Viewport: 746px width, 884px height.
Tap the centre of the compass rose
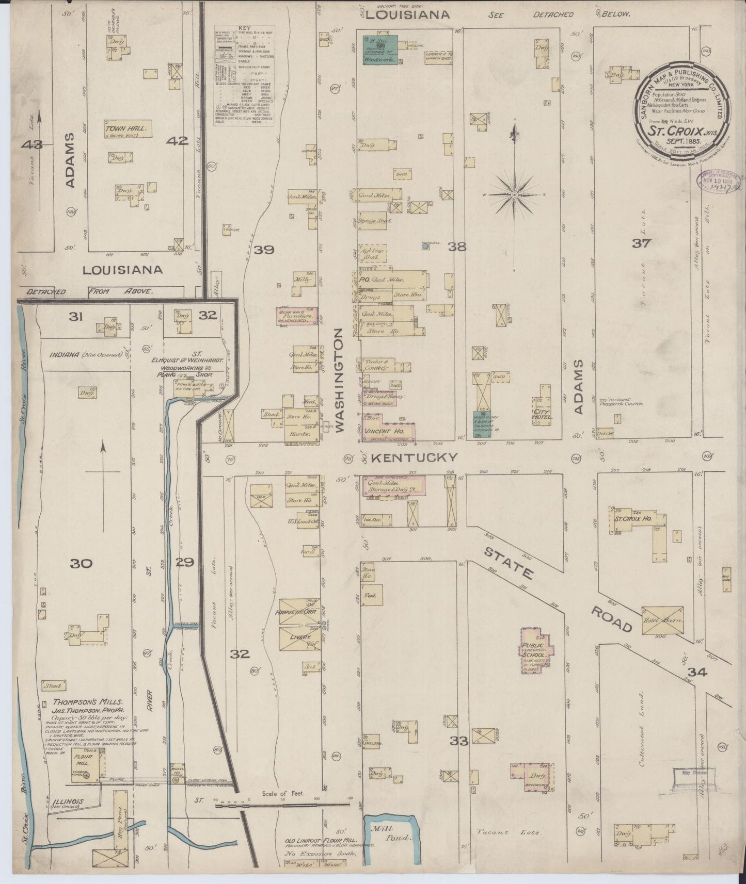pyautogui.click(x=514, y=195)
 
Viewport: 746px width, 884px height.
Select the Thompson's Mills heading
pyautogui.click(x=88, y=702)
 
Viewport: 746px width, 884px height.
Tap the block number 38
pyautogui.click(x=457, y=247)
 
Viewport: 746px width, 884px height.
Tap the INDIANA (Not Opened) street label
pyautogui.click(x=85, y=355)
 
